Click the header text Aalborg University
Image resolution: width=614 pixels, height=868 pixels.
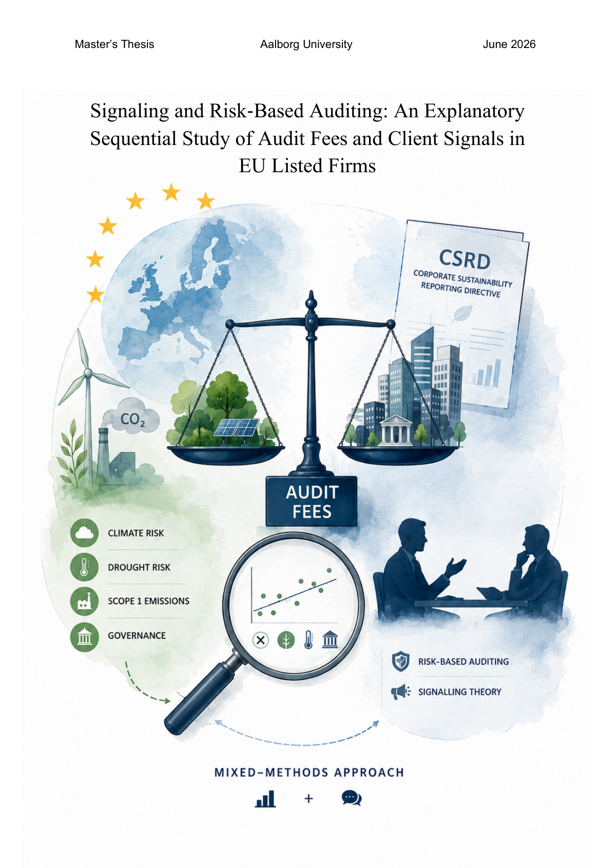306,45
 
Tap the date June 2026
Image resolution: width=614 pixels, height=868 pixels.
509,45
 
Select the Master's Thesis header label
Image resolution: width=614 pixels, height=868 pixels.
114,45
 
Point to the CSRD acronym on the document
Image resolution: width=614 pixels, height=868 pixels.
465,259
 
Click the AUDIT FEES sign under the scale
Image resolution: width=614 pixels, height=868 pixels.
311,501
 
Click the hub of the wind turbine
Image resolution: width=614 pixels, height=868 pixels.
88,372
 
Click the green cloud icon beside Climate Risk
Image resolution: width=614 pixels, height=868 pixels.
84,533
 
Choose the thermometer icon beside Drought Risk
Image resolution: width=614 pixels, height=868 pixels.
84,567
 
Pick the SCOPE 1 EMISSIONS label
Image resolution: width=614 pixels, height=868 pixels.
148,601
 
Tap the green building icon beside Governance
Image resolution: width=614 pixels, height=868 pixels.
84,636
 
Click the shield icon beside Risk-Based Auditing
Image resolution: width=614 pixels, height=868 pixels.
400,662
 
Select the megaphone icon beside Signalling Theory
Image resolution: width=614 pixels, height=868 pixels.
401,691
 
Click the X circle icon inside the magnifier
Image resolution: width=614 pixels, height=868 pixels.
261,640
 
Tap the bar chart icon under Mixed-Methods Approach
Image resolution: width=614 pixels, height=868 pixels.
265,799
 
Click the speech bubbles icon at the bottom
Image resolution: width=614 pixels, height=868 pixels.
351,798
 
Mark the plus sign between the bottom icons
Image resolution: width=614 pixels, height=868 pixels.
309,798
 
